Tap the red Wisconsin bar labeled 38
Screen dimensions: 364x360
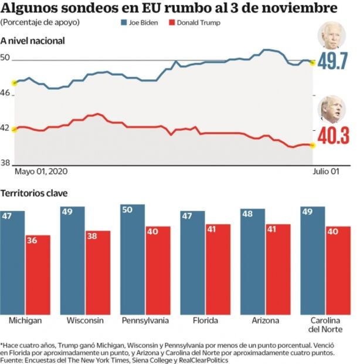click(98, 271)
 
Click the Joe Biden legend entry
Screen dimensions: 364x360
click(140, 23)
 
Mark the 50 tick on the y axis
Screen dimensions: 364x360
click(6, 58)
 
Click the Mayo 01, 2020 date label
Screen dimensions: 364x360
click(39, 171)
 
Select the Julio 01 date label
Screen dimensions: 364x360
click(325, 171)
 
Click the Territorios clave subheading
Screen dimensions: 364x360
click(34, 193)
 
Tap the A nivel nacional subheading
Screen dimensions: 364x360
click(33, 41)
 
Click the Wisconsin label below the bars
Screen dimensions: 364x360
click(85, 321)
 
